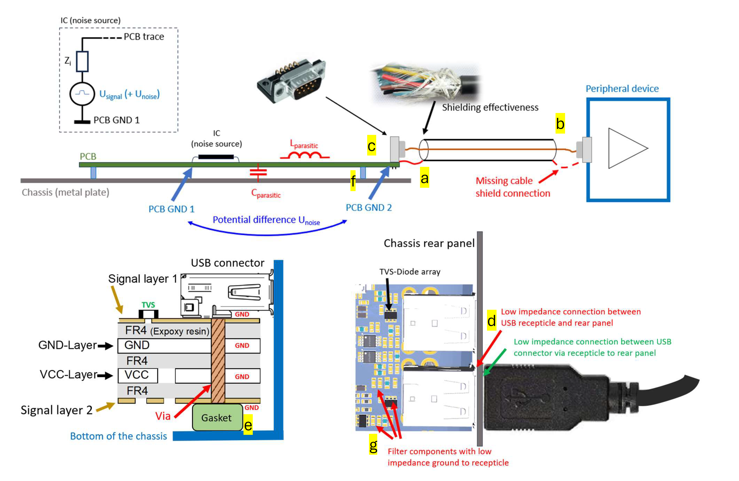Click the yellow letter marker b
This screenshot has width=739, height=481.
(x=560, y=124)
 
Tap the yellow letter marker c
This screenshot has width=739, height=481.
(x=371, y=145)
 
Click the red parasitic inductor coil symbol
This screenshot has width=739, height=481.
(x=305, y=154)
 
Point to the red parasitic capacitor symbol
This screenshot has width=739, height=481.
(x=258, y=173)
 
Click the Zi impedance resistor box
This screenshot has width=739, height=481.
(x=82, y=61)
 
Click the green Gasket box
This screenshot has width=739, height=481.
(x=217, y=417)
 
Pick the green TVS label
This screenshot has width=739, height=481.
(x=148, y=305)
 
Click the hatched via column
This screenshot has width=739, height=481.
(x=218, y=361)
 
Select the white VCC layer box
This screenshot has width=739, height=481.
(x=138, y=375)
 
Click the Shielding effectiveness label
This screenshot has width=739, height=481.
(x=490, y=107)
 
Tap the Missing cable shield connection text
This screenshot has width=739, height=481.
(x=512, y=187)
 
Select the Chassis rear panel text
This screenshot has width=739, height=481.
(x=429, y=243)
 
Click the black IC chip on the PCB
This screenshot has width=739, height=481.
(x=216, y=157)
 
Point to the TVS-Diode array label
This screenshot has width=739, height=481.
(x=409, y=272)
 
